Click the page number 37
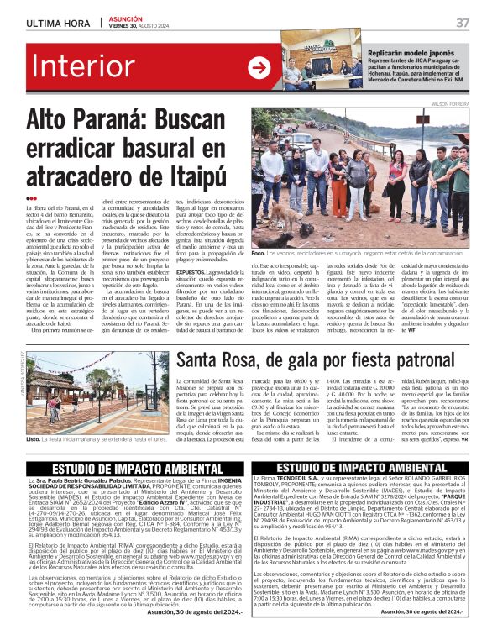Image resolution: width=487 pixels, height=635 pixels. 463,22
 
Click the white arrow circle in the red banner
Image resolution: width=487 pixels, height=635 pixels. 259,68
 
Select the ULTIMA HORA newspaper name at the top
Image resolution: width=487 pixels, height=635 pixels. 58,22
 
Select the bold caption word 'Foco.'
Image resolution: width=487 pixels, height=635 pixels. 259,252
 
